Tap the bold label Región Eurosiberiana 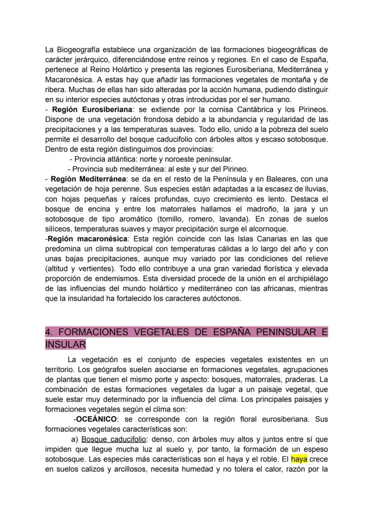tap(93, 110)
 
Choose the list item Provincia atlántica tap(102, 159)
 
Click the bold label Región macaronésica tap(88, 238)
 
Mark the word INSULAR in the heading tap(65, 344)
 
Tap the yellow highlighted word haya tap(299, 459)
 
